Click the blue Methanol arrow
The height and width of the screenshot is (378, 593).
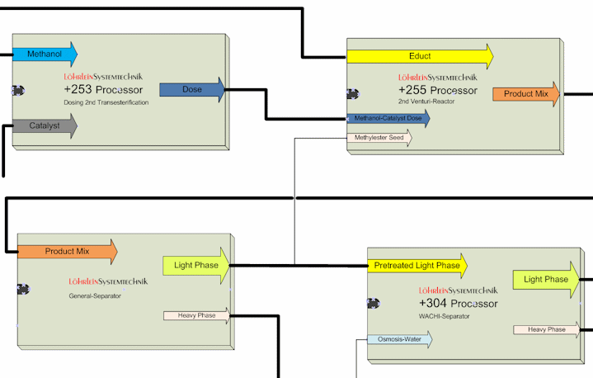45,54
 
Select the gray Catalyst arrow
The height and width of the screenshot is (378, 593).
45,125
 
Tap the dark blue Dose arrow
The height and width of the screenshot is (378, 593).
192,90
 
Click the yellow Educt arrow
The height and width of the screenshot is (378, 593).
420,56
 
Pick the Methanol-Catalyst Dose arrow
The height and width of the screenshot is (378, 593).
388,118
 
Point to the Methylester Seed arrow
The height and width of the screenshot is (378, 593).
379,138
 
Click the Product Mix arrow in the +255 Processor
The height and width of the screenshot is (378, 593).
526,94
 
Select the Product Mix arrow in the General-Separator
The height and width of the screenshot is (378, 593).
68,252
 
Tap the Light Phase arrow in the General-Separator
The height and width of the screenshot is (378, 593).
196,266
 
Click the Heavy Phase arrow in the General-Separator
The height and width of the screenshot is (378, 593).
196,315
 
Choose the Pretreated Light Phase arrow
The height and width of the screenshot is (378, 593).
417,266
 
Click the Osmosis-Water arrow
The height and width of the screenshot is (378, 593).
400,339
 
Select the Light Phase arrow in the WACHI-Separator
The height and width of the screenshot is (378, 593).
546,280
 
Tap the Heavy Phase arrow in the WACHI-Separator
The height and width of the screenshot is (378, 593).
547,329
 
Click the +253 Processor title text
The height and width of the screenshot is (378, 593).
103,90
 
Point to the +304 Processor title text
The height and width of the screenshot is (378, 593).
459,304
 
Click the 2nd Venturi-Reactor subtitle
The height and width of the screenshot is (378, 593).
426,102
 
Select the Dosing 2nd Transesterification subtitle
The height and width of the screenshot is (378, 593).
106,102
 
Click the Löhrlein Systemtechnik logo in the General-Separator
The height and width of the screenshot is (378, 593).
108,281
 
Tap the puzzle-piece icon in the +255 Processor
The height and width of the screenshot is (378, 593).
353,94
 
